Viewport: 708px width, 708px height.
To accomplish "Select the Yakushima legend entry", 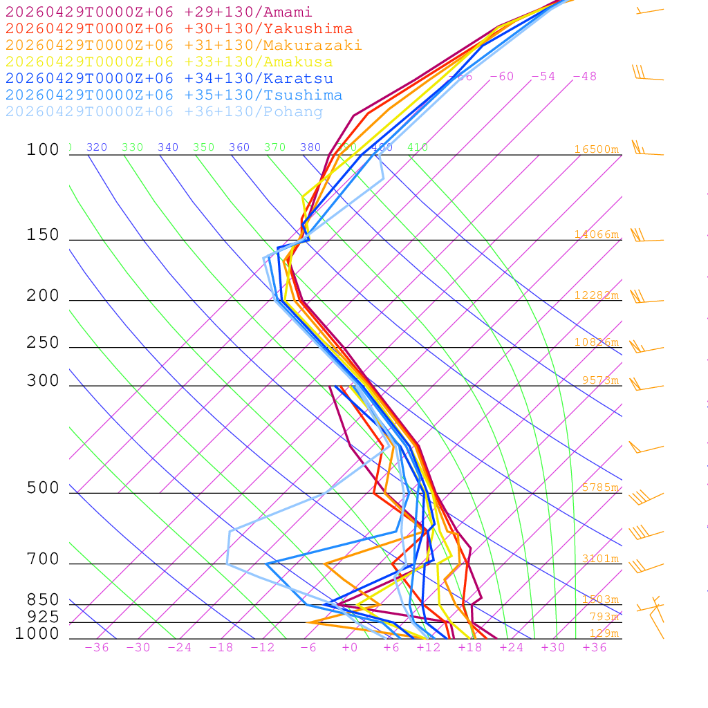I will point(179,29).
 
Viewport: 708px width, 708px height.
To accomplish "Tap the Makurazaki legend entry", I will point(184,46).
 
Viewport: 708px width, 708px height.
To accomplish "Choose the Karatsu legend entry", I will point(169,79).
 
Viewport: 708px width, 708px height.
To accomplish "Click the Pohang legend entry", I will point(164,112).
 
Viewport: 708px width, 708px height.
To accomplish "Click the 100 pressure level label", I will point(43,150).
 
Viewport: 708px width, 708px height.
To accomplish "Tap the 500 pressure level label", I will point(43,488).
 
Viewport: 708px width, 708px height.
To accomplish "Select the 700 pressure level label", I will point(43,559).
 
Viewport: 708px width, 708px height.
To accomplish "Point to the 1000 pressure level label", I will point(37,634).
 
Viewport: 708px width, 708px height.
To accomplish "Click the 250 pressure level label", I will point(43,343).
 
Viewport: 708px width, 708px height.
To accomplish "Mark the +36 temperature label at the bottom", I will point(595,647).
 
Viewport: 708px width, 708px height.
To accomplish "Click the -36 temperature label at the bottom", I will point(97,647).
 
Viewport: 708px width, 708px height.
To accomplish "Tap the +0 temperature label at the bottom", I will point(350,647).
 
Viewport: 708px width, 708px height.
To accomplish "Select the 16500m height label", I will point(596,149).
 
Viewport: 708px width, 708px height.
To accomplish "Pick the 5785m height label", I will point(600,487).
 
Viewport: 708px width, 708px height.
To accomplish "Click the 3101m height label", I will point(600,559).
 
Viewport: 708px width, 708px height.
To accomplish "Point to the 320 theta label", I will point(97,147).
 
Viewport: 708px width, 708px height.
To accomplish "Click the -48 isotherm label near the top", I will point(584,77).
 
